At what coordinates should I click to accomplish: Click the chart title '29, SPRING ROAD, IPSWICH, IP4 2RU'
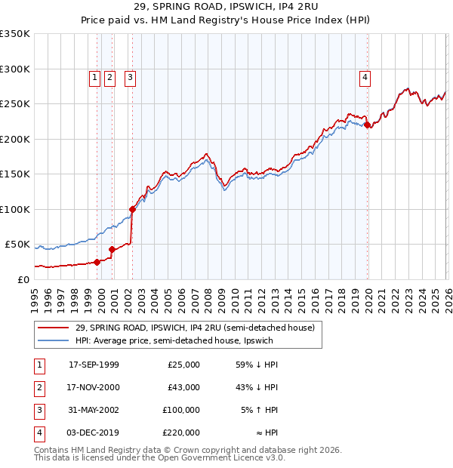[x=226, y=8]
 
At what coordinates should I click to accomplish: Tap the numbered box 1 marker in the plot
[x=95, y=76]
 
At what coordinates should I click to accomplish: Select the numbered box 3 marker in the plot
[x=131, y=76]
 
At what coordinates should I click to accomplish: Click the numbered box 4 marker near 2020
[x=365, y=76]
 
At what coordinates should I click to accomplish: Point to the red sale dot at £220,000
[x=368, y=126]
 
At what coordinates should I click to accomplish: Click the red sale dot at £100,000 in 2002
[x=132, y=209]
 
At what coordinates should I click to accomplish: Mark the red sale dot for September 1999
[x=97, y=262]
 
